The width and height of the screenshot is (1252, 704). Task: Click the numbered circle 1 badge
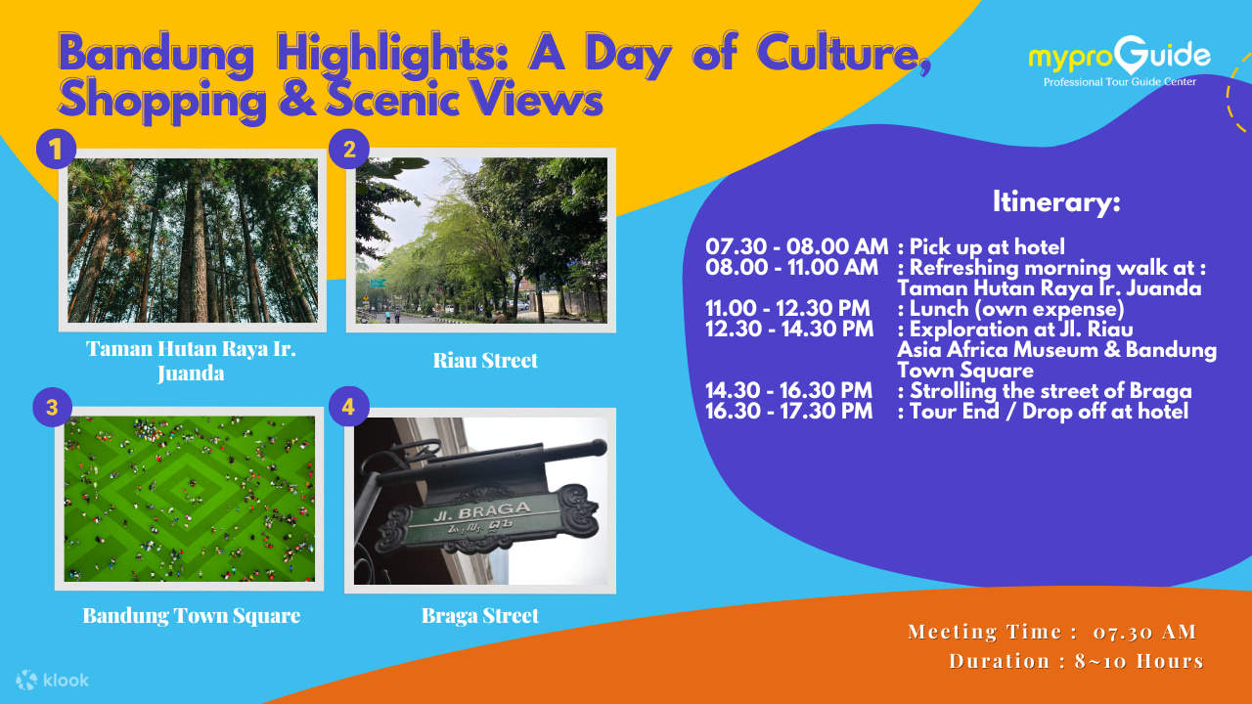pos(56,149)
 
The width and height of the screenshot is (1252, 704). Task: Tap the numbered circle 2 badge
pos(349,150)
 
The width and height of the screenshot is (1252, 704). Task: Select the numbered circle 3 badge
pos(52,407)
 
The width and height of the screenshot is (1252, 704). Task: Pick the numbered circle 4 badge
pos(349,406)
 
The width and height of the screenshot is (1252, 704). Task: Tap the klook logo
pos(52,680)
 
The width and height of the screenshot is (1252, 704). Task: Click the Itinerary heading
pos(1056,201)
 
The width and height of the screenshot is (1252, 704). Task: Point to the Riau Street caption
pos(485,361)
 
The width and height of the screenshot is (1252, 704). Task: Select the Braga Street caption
pos(480,616)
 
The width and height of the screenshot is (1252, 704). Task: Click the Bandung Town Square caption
pos(192,616)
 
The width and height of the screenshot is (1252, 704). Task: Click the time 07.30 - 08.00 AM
pos(796,246)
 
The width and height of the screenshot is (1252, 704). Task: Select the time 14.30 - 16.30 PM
pos(788,390)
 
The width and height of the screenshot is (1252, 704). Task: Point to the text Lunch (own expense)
pos(1016,309)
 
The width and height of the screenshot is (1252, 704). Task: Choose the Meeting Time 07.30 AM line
pos(1051,632)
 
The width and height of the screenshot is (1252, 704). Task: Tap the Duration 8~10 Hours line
pos(1077,661)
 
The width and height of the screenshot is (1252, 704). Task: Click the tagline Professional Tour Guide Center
pos(1120,82)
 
